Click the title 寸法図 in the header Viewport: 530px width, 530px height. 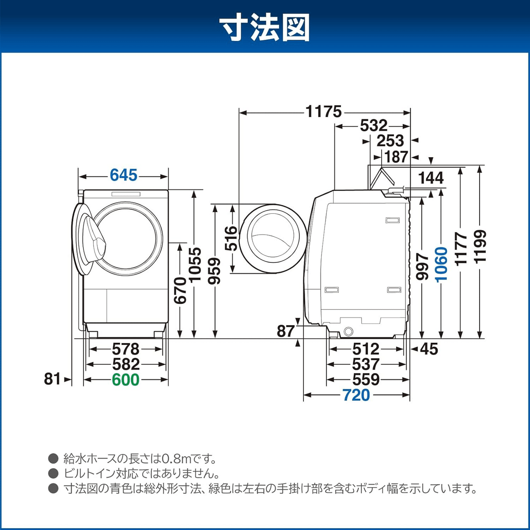tap(265, 27)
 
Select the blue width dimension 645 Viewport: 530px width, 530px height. tap(124, 175)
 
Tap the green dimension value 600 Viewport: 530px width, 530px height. tap(125, 379)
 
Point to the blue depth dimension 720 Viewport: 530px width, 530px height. tap(356, 395)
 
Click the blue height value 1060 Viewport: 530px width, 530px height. tap(441, 264)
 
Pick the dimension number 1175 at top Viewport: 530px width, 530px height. tap(324, 112)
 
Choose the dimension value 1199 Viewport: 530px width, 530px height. tap(480, 246)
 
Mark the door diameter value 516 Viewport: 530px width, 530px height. tap(231, 238)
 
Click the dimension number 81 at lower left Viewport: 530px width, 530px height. tap(52, 379)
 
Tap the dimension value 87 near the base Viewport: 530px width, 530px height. tap(285, 331)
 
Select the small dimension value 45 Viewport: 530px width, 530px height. tap(428, 349)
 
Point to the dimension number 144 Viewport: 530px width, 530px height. tap(431, 178)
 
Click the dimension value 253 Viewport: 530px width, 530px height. tap(390, 141)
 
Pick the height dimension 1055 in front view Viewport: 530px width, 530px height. tap(195, 264)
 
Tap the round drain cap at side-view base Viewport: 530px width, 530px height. tap(348, 331)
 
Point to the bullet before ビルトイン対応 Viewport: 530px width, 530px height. tap(53, 473)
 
